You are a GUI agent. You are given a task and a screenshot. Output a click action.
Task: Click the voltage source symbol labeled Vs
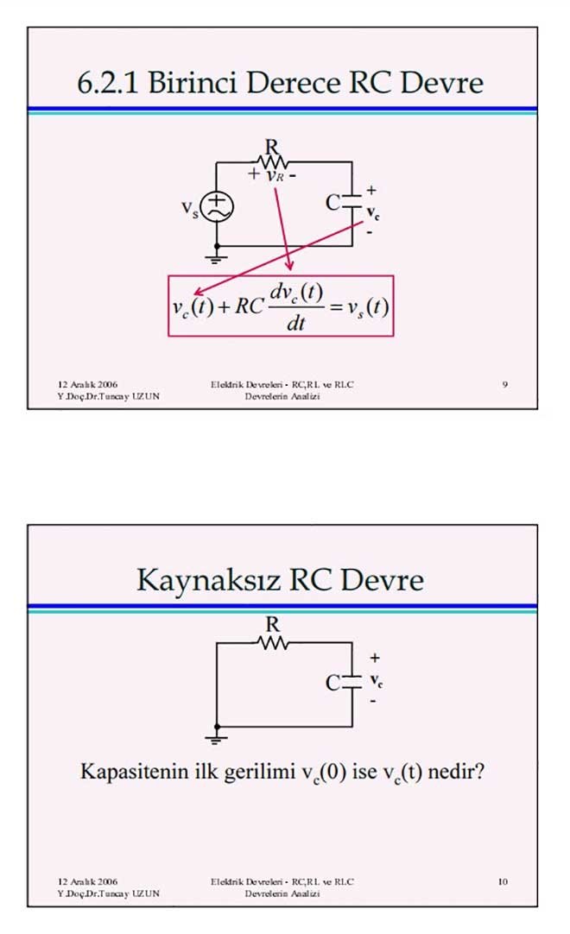214,206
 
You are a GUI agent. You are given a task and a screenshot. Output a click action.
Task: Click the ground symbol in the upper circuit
216,256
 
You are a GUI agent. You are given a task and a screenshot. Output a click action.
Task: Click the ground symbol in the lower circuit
216,737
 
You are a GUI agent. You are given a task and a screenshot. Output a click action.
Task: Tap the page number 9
504,384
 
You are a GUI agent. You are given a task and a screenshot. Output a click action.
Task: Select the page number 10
503,881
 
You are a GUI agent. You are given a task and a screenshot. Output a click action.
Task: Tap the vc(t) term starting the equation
192,307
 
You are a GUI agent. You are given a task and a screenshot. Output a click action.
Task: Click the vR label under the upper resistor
275,175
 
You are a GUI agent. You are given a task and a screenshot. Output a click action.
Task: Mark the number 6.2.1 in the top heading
109,83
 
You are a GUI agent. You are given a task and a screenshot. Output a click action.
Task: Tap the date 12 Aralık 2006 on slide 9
87,384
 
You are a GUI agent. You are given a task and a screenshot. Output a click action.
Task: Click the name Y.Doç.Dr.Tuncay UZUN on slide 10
108,893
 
